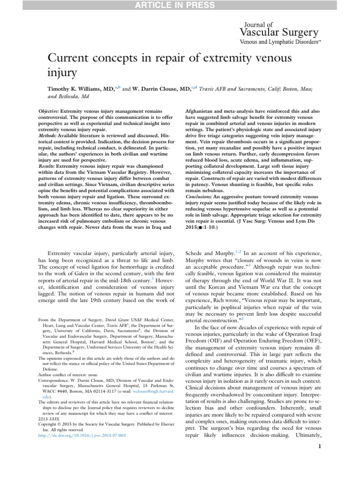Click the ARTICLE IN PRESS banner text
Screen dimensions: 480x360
click(x=180, y=5)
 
